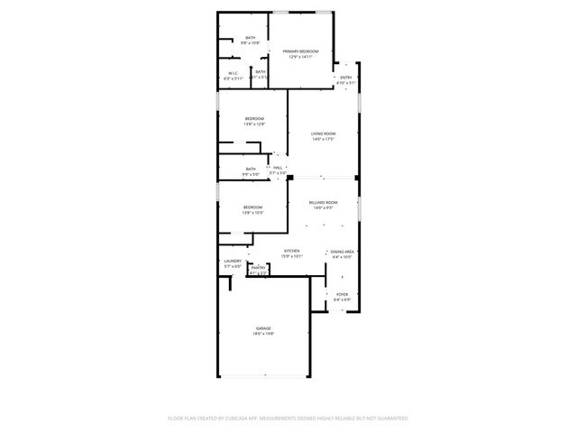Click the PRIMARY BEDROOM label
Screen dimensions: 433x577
299,51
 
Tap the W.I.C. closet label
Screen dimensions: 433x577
233,73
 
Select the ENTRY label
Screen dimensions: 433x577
345,78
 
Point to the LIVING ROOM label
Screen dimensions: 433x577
324,134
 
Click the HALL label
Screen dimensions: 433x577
279,168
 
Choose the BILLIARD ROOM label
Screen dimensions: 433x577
323,202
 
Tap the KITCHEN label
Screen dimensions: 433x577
292,251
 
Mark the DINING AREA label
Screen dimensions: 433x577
343,252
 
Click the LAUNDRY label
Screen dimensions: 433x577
233,261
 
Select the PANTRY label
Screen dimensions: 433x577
258,267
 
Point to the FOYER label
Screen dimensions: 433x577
343,294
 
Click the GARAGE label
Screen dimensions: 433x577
263,328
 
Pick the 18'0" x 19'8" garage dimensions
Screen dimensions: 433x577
263,334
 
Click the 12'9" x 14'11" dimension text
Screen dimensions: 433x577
299,57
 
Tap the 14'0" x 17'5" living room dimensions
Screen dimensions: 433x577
324,139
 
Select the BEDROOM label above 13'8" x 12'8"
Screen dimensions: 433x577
254,119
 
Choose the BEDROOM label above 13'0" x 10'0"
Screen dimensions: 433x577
252,207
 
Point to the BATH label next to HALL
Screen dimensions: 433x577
251,169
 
